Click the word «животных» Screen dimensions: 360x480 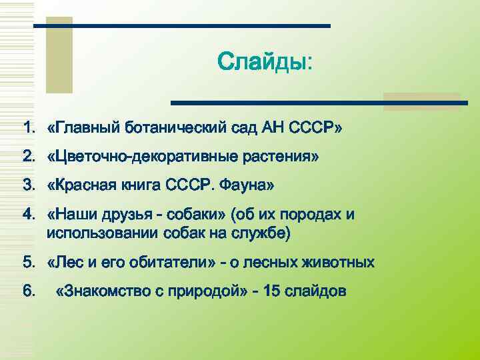[340, 263]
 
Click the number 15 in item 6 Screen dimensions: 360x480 [274, 291]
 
